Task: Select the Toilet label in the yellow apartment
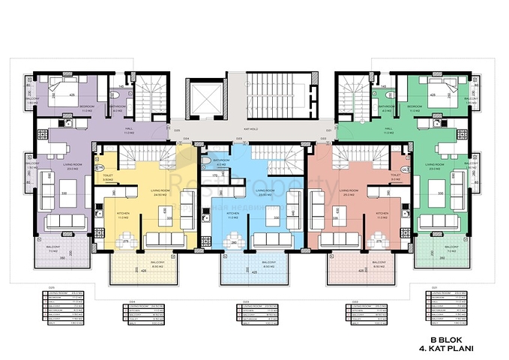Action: click(x=107, y=178)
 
